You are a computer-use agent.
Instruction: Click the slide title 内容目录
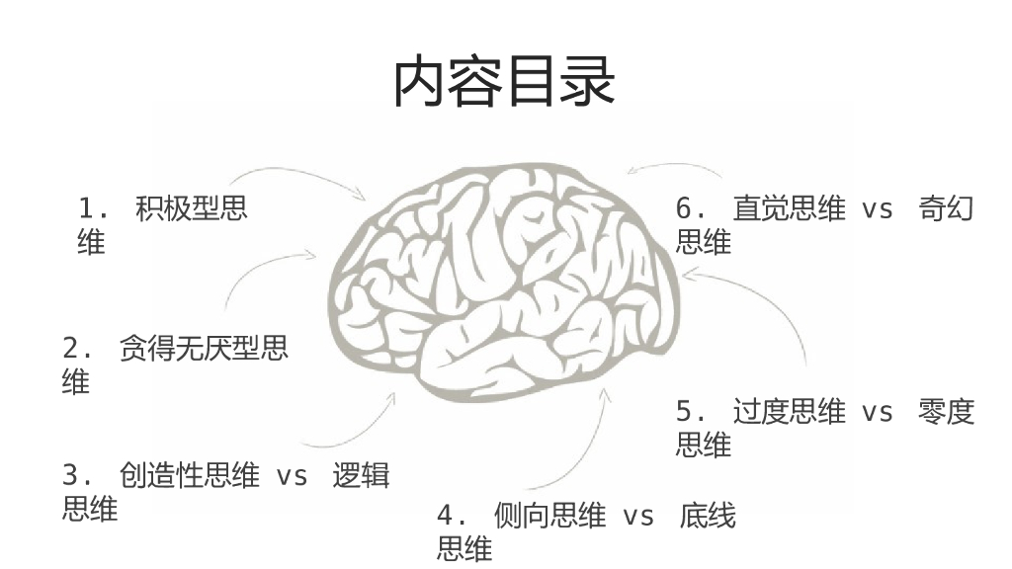[504, 82]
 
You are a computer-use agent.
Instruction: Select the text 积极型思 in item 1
[192, 209]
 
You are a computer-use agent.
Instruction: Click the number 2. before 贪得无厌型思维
[78, 349]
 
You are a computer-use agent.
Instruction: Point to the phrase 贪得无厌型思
[204, 349]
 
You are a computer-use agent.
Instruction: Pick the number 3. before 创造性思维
[78, 476]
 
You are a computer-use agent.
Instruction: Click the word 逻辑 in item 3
[361, 476]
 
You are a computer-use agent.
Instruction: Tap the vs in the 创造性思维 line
[292, 477]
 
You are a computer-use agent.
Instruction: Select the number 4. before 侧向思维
[453, 516]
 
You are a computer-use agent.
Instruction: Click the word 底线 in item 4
[708, 516]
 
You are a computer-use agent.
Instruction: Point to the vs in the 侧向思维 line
[638, 517]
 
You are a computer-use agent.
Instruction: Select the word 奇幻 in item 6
[947, 209]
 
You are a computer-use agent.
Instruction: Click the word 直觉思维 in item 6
[789, 209]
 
